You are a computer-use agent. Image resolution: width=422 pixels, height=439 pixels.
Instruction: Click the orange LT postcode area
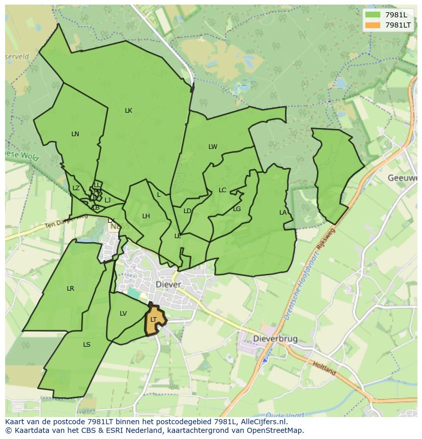[154, 320]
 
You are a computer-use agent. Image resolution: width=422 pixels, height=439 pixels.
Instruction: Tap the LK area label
[128, 111]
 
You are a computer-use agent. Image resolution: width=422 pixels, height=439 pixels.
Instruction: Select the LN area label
[75, 134]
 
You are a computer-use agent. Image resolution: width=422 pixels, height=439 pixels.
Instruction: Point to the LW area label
[213, 147]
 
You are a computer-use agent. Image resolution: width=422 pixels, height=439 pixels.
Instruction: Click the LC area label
[222, 190]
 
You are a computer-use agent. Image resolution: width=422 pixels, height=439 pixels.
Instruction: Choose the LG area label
[237, 209]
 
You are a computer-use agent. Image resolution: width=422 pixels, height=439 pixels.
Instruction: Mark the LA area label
[283, 213]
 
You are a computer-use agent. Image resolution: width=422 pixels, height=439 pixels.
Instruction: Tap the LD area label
[187, 211]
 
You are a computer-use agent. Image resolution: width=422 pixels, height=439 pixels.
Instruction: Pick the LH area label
[146, 216]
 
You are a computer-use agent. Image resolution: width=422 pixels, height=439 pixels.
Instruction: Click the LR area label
[70, 289]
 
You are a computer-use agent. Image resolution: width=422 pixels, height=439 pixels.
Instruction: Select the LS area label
[87, 345]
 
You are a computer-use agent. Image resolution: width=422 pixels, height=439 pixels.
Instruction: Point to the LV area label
[123, 314]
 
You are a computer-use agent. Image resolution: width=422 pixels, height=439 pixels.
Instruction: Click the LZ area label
[76, 188]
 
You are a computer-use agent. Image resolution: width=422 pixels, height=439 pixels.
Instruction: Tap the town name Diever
[169, 285]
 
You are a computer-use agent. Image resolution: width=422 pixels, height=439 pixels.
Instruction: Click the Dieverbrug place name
[276, 339]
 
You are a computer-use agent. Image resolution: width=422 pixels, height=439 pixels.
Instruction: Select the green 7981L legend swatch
[373, 15]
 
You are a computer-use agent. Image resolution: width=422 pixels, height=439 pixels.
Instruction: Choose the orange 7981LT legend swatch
[373, 25]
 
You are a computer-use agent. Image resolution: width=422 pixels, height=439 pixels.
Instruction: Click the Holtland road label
[324, 368]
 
